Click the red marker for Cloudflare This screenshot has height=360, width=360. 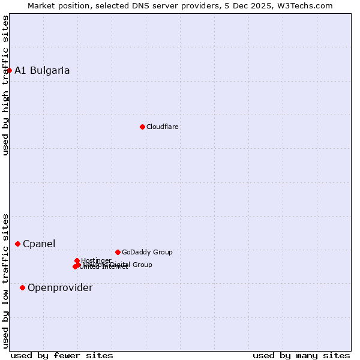click(x=142, y=127)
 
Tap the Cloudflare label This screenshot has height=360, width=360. click(x=163, y=127)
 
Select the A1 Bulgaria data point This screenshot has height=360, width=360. click(x=9, y=71)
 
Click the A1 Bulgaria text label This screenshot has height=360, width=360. click(x=42, y=71)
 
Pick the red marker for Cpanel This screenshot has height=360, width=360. click(x=18, y=244)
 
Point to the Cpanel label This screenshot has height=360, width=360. click(x=39, y=244)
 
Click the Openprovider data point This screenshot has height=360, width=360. click(x=23, y=287)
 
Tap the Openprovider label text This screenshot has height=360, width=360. click(x=60, y=288)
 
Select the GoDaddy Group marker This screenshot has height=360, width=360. click(x=118, y=252)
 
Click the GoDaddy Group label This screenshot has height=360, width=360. click(x=147, y=252)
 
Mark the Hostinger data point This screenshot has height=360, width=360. click(x=77, y=260)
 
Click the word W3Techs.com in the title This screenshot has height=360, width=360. click(x=305, y=6)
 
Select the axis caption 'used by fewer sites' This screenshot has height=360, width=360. click(x=62, y=355)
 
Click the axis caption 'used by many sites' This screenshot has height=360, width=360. click(x=301, y=355)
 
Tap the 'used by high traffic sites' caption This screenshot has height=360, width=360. click(x=6, y=85)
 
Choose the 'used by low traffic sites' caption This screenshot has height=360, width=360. click(x=6, y=281)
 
